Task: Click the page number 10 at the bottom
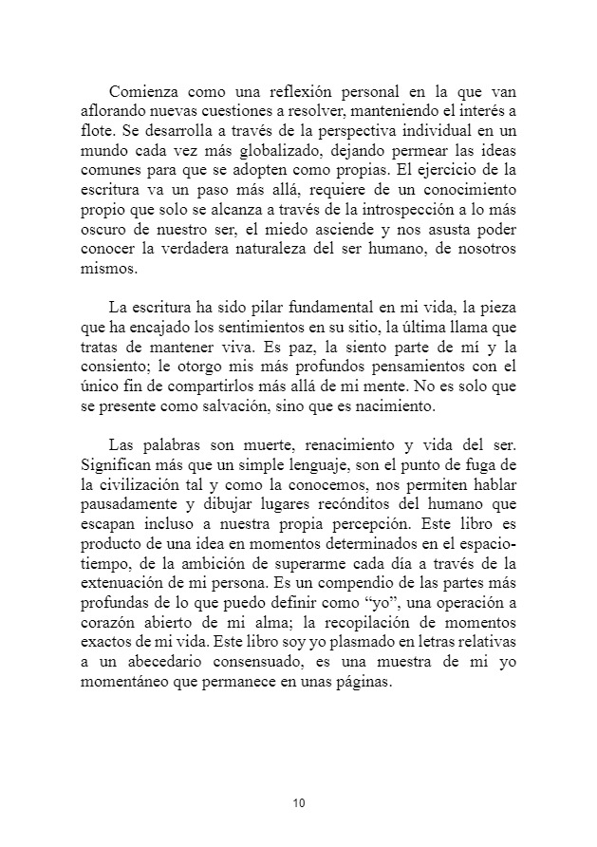[x=299, y=803]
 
